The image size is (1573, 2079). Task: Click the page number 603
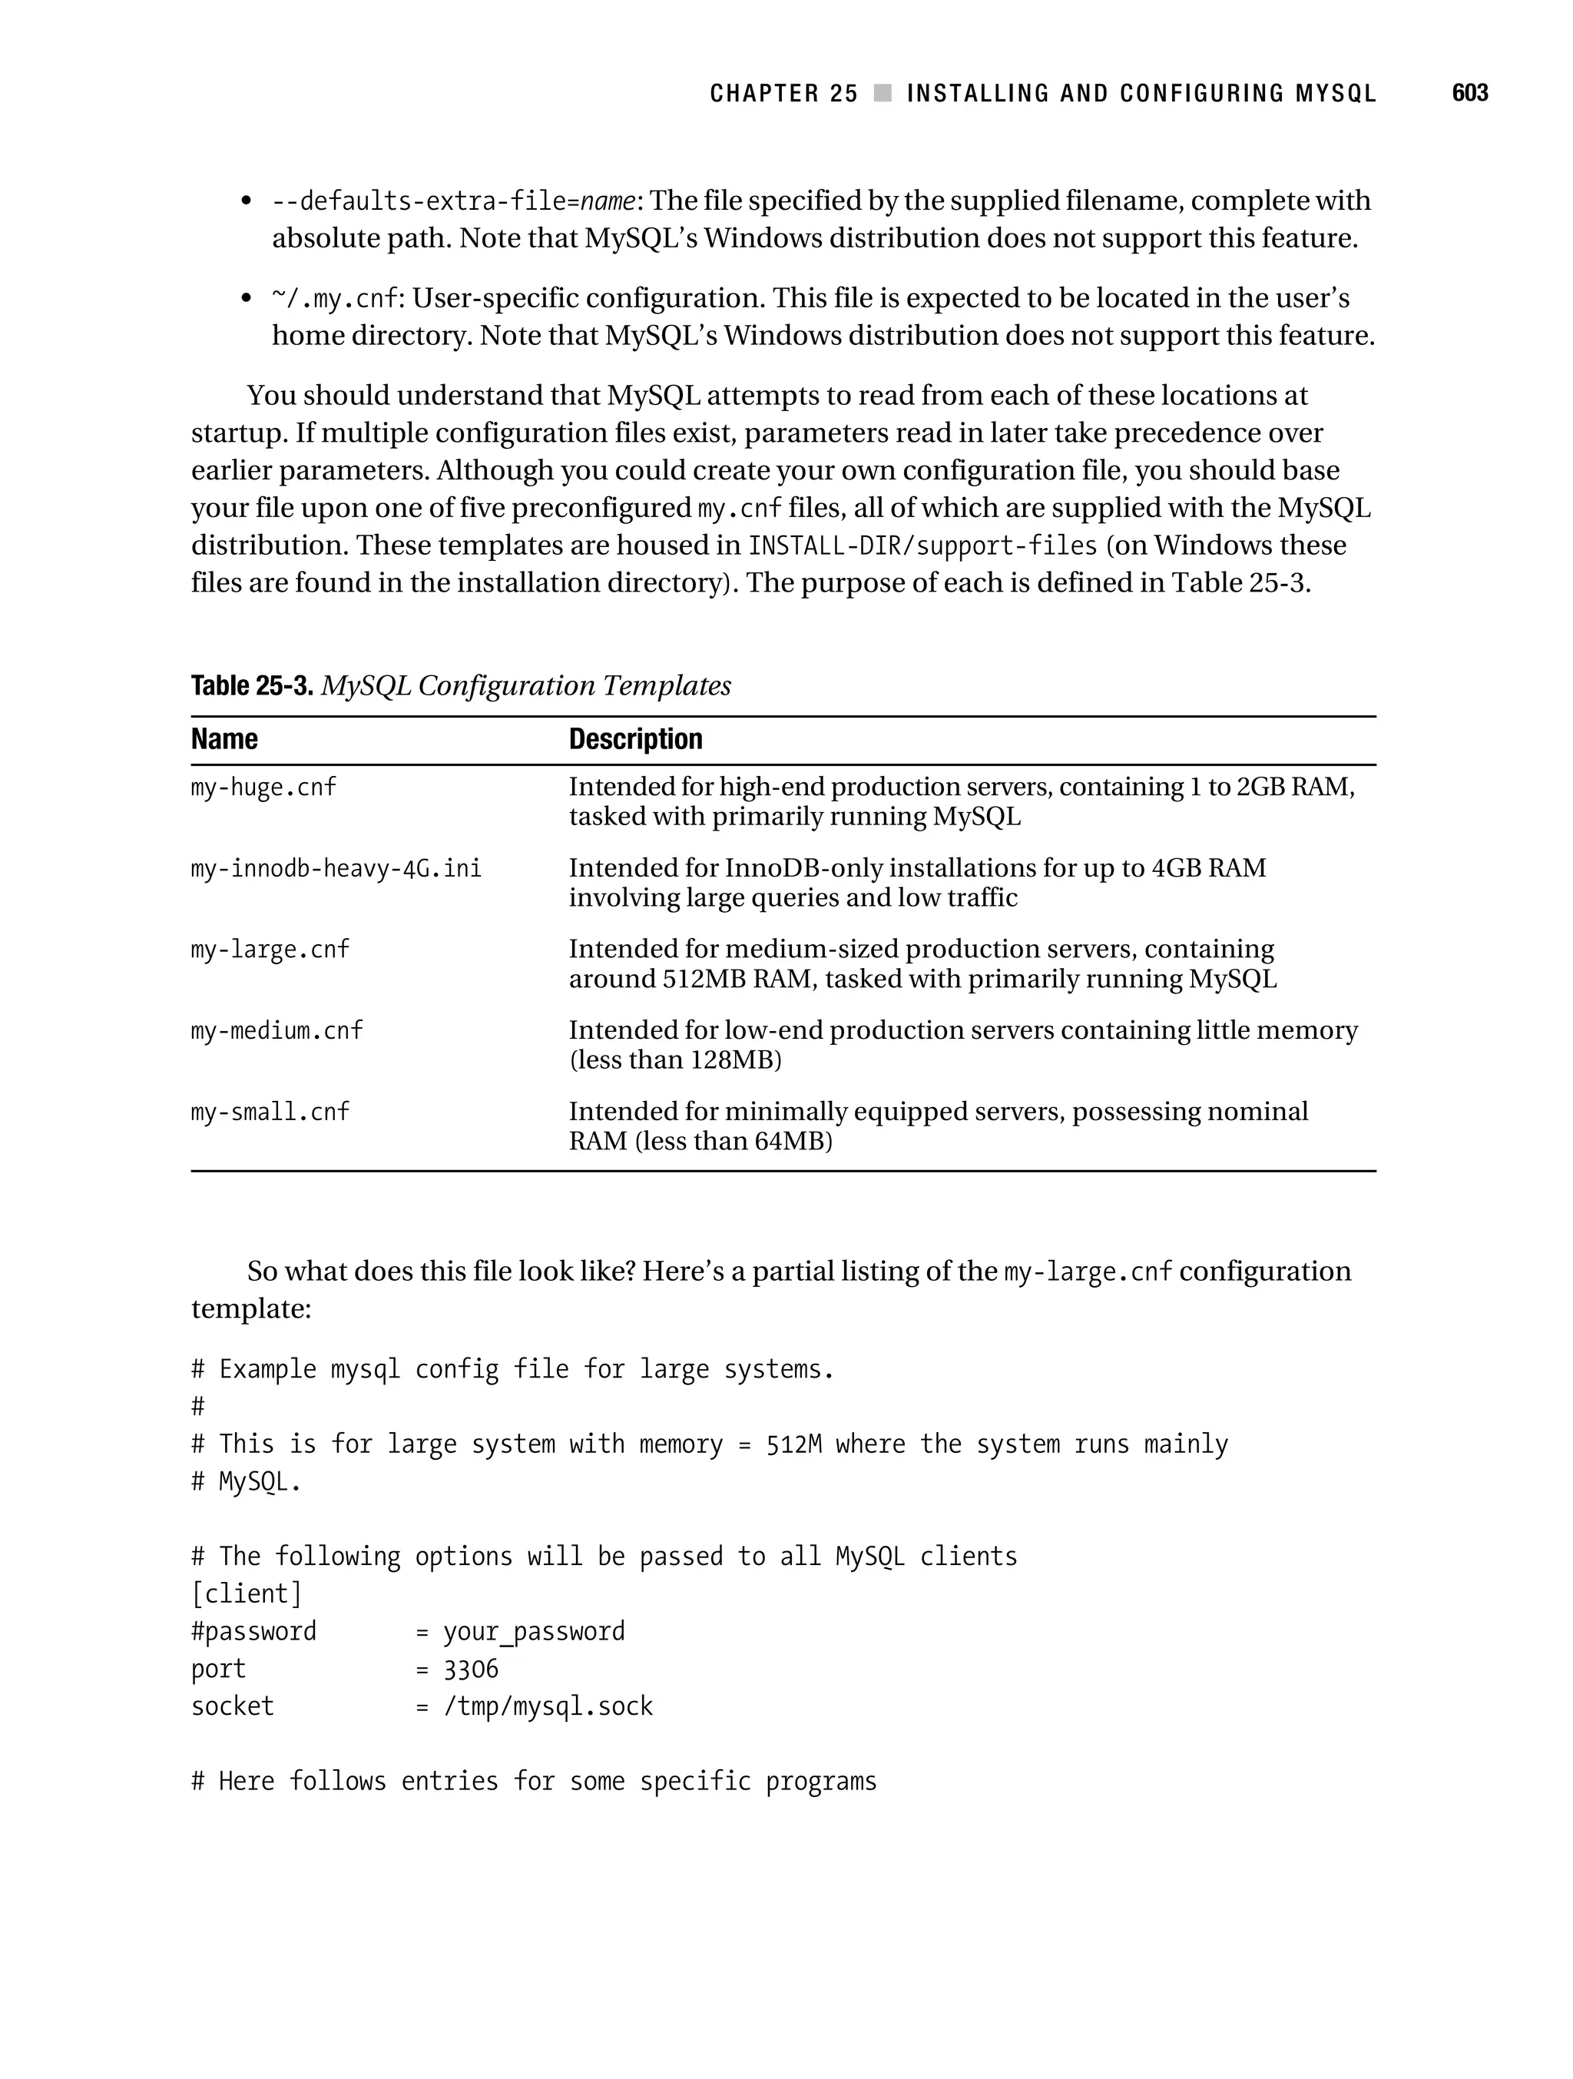click(1469, 93)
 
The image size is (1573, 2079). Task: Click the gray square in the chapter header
click(883, 93)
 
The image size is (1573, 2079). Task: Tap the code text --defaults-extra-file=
click(425, 201)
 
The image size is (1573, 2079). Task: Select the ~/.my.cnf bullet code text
click(336, 299)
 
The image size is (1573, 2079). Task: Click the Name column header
click(224, 740)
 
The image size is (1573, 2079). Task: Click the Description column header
click(635, 740)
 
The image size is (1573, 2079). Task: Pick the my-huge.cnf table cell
click(263, 787)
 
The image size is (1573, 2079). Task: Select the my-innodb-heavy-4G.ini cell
click(336, 867)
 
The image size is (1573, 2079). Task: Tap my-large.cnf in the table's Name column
click(270, 950)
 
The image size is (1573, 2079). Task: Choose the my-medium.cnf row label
click(277, 1031)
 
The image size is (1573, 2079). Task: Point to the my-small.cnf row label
click(270, 1112)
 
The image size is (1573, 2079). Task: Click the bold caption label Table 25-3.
click(251, 686)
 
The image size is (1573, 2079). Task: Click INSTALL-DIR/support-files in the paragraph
click(922, 546)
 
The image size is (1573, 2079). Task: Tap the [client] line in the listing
click(247, 1594)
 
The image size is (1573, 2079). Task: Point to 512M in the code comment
click(793, 1444)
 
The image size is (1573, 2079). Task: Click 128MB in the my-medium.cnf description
click(731, 1060)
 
